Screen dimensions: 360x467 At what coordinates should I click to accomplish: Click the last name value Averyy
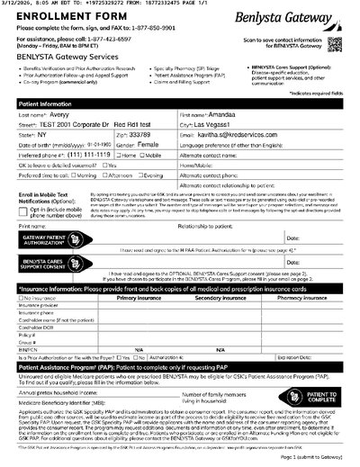coord(58,116)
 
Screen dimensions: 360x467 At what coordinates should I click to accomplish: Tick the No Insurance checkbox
coord(21,296)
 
